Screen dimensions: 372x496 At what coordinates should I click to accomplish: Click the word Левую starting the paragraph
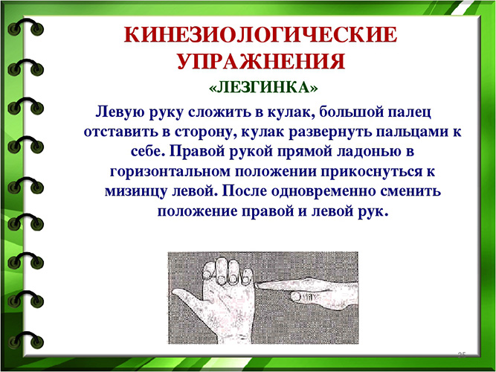(118, 111)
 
